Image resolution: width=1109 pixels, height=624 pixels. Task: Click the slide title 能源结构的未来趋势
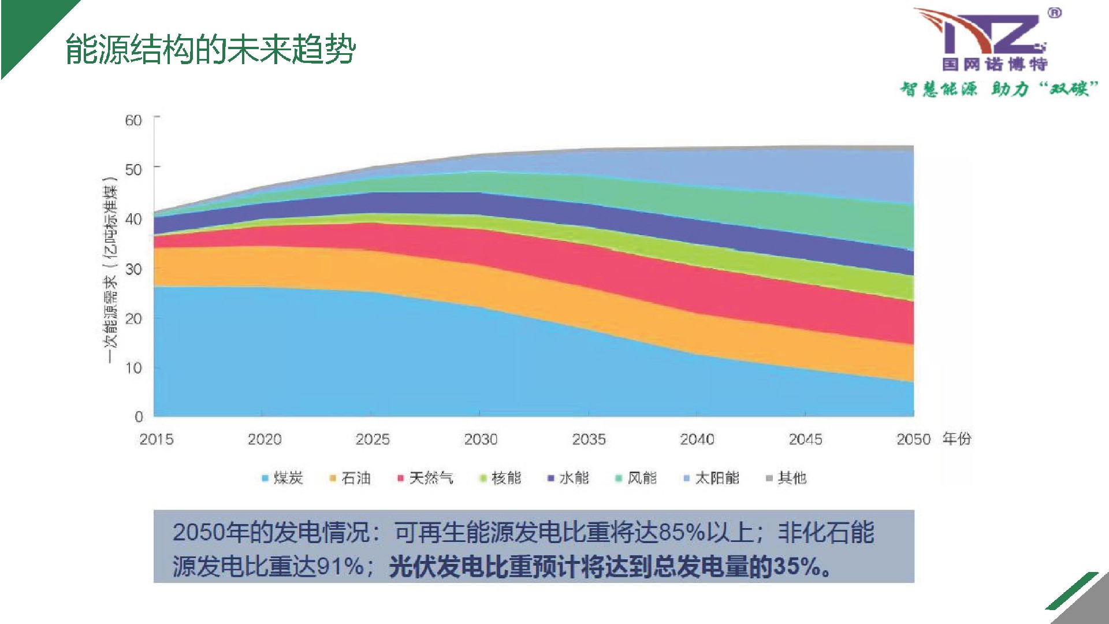(210, 49)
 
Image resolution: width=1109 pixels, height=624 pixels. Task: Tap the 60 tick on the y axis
(133, 120)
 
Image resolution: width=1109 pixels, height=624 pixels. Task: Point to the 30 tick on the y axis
(133, 269)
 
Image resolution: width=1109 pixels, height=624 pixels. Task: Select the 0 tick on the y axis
(139, 417)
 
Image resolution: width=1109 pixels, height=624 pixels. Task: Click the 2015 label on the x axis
(156, 440)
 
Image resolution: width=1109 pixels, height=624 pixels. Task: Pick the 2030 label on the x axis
(481, 440)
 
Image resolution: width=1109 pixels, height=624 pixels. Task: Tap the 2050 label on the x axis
(913, 440)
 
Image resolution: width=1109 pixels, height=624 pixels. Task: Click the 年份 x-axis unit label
(957, 439)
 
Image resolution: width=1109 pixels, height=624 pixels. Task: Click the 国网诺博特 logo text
(994, 64)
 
